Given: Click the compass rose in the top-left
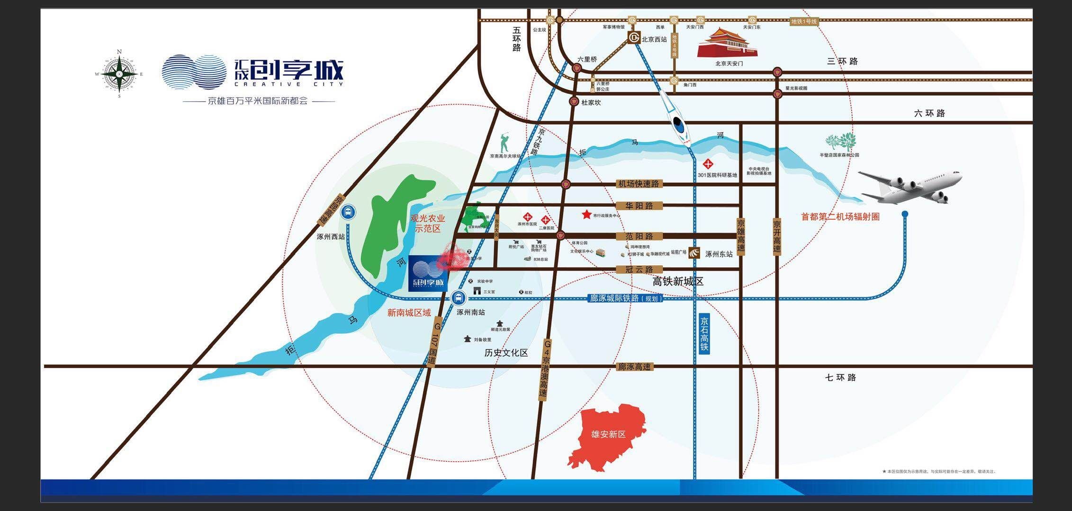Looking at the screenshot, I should [119, 74].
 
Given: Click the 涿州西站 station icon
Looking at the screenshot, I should [348, 212].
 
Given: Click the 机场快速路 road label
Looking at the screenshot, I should [638, 184].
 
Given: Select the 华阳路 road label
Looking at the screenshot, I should [639, 206].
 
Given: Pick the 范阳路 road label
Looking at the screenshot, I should [639, 236].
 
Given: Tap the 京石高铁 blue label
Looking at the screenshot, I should [704, 333].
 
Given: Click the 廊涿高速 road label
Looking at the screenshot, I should [634, 367].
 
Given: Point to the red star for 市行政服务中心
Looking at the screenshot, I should [586, 215].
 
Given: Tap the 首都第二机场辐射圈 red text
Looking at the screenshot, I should [840, 217].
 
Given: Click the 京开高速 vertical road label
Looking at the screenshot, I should [777, 237].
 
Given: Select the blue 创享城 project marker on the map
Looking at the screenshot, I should [428, 273].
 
